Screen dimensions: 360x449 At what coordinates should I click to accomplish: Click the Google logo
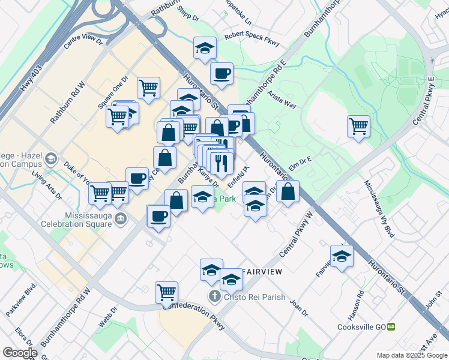[x=20, y=353]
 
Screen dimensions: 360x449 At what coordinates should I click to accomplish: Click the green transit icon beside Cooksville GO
[x=391, y=327]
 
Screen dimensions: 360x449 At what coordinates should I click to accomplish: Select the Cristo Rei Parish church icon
[x=214, y=296]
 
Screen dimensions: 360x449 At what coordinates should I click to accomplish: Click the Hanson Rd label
[x=360, y=302]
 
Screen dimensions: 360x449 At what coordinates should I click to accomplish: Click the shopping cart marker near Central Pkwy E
[x=358, y=126]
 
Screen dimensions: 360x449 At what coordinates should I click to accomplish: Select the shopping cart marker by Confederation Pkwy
[x=166, y=292]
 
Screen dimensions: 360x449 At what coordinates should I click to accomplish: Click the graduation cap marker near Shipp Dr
[x=205, y=48]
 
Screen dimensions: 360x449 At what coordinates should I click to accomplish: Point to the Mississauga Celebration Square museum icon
[x=122, y=218]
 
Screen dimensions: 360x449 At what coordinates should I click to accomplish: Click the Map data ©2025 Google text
[x=411, y=355]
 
